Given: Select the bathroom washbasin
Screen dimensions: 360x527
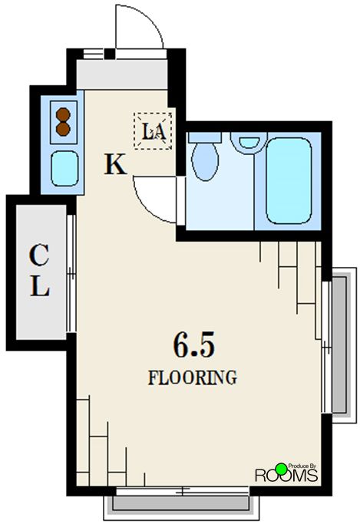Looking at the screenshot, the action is [x=249, y=143].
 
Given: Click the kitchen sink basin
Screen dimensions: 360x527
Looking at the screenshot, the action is [x=64, y=169].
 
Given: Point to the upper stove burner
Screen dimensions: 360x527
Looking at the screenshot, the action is [x=63, y=114].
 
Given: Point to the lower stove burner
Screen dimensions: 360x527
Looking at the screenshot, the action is [x=63, y=129].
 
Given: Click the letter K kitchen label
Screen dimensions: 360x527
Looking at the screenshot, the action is [x=116, y=164].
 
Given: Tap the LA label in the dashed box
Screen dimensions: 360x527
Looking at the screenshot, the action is [x=154, y=131].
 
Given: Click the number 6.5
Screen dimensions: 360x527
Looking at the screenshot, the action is [x=193, y=345].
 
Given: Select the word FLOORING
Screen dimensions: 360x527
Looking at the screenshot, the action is [x=193, y=377].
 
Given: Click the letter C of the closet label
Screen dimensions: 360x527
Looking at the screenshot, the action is [x=39, y=255].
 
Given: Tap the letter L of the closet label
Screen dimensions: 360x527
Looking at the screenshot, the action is [x=40, y=286].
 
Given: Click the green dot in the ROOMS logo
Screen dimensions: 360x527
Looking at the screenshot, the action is [x=281, y=469].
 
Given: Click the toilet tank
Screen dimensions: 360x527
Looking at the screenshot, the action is [x=204, y=137].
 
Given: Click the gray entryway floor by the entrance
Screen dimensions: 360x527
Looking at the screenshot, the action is [x=122, y=74].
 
